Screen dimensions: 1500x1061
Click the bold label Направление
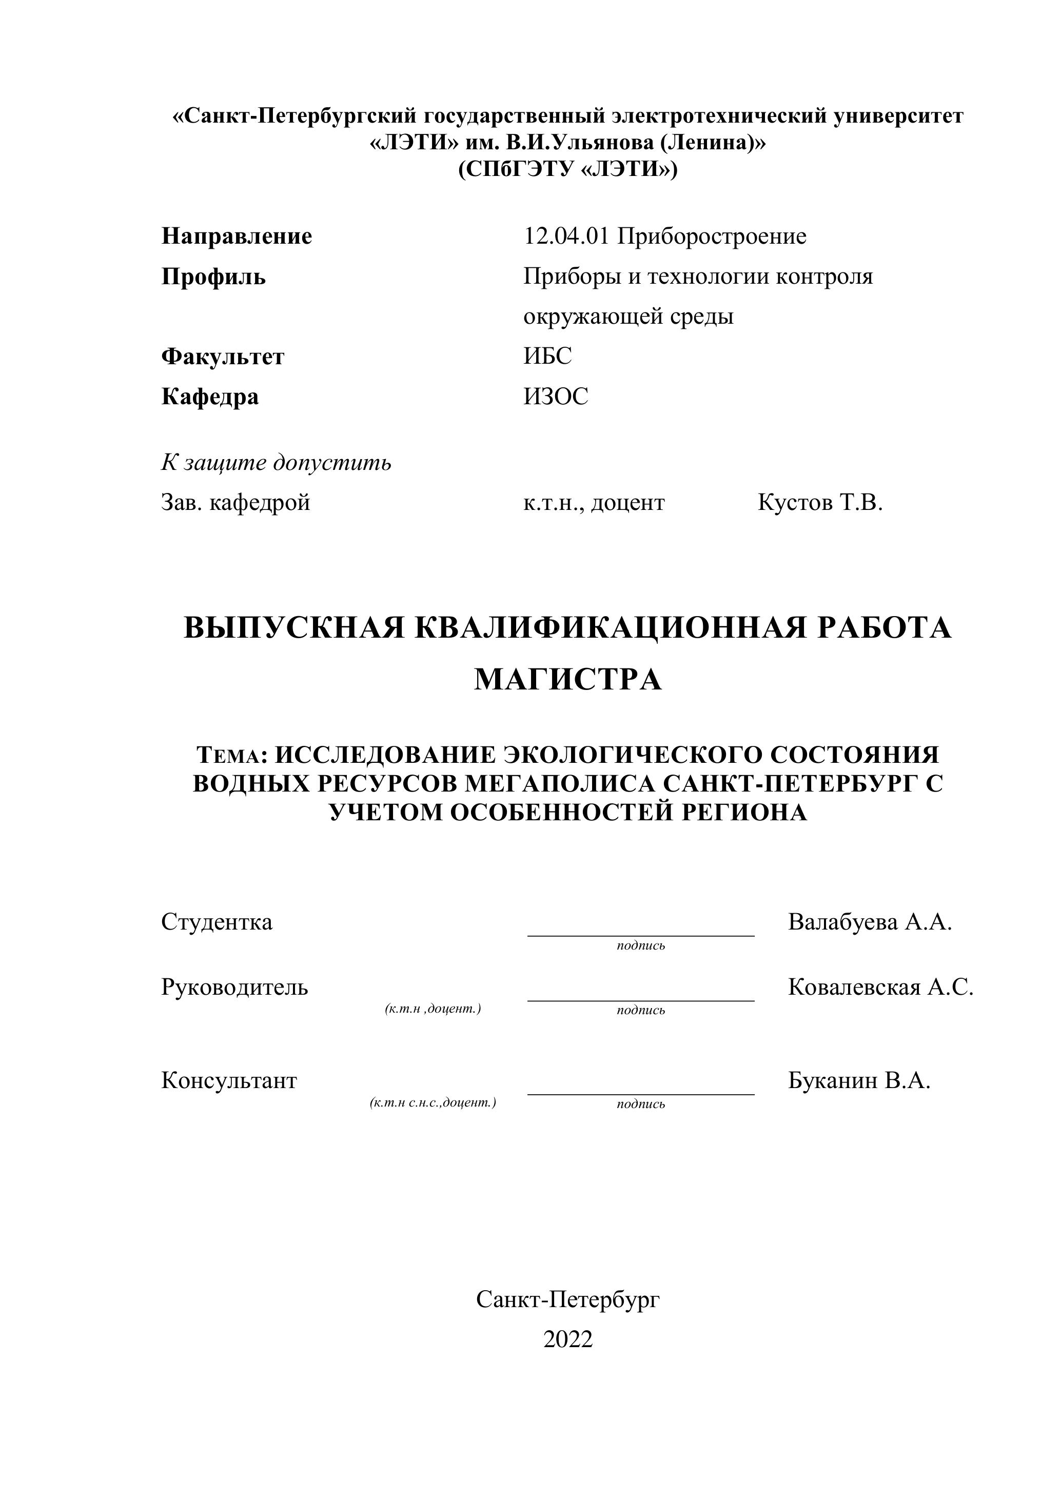[237, 236]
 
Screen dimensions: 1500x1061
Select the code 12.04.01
[566, 236]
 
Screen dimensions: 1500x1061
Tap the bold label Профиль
[213, 277]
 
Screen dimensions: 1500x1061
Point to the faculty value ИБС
[547, 357]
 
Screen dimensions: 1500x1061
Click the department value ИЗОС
[555, 397]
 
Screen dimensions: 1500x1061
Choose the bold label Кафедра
[210, 397]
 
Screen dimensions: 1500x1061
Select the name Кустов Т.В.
[820, 502]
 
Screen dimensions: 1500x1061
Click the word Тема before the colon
[229, 756]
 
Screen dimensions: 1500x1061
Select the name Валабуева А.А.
[870, 922]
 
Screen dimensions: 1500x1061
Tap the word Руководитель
[234, 987]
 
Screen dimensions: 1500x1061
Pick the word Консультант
[229, 1080]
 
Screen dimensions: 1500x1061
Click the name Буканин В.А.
[858, 1080]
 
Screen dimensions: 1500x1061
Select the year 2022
[568, 1339]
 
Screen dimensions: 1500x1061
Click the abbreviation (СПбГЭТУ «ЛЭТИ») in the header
[568, 170]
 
